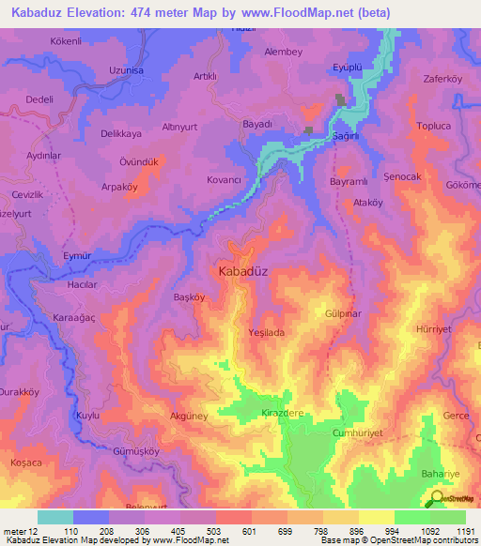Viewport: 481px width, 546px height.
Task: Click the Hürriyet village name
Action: click(x=434, y=330)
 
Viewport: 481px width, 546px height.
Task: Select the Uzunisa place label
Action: click(x=100, y=70)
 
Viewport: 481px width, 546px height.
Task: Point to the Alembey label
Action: click(x=284, y=53)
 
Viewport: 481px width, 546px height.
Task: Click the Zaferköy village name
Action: click(x=444, y=80)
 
